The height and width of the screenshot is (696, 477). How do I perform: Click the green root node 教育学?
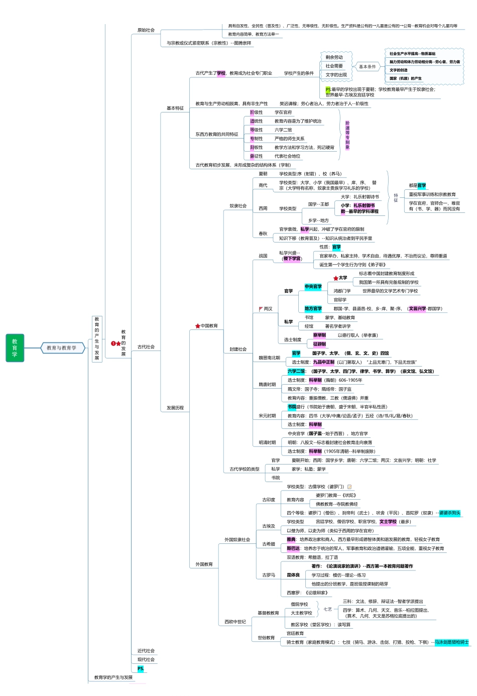pyautogui.click(x=15, y=347)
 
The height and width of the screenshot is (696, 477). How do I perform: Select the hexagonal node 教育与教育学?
pyautogui.click(x=62, y=347)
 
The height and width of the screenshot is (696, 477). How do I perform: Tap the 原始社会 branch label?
pyautogui.click(x=146, y=30)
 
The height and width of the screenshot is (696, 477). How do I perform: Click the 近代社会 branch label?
pyautogui.click(x=146, y=651)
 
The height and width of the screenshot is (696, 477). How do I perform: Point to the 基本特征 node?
pyautogui.click(x=175, y=108)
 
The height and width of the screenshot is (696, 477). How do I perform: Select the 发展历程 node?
pyautogui.click(x=175, y=408)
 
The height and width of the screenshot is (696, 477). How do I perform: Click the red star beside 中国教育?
pyautogui.click(x=198, y=326)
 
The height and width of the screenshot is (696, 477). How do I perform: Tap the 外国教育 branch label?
pyautogui.click(x=204, y=564)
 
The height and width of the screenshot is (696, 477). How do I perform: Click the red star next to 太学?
pyautogui.click(x=335, y=278)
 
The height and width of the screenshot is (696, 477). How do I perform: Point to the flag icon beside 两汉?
pyautogui.click(x=261, y=309)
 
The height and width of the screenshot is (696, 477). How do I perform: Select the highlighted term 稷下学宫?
pyautogui.click(x=292, y=259)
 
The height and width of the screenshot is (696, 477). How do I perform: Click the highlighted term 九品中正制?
pyautogui.click(x=324, y=362)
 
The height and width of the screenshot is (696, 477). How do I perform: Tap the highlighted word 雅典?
pyautogui.click(x=291, y=539)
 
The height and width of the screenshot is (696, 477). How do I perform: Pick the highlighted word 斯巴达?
pyautogui.click(x=293, y=548)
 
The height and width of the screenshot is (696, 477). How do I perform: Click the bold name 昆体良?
pyautogui.click(x=293, y=575)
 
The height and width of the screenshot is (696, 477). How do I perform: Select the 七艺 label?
pyautogui.click(x=327, y=609)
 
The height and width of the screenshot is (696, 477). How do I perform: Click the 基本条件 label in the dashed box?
pyautogui.click(x=368, y=66)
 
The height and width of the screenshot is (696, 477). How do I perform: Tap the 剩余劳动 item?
pyautogui.click(x=334, y=57)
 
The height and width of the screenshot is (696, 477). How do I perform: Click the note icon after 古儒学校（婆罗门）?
pyautogui.click(x=349, y=487)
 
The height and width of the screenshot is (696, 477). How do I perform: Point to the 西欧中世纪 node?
pyautogui.click(x=235, y=622)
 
